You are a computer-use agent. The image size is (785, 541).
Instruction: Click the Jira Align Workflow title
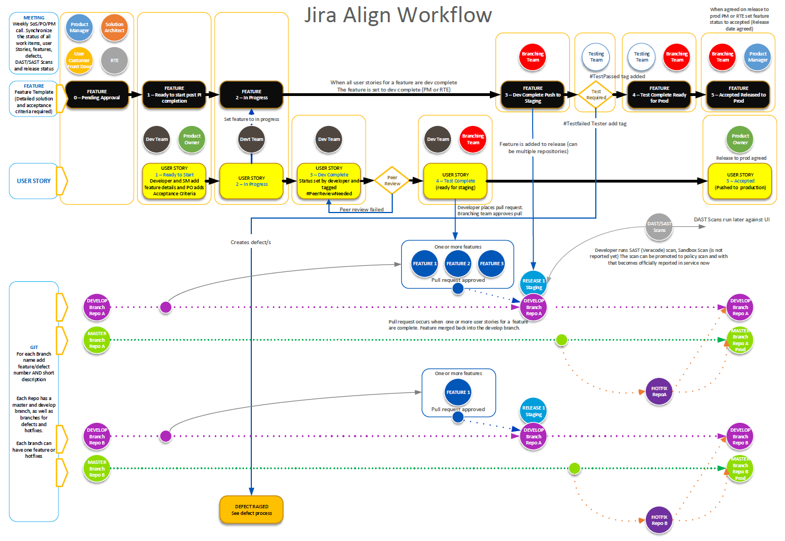pos(398,15)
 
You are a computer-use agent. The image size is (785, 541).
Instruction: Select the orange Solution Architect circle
pos(114,28)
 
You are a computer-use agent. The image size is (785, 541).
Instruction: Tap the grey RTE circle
pos(114,60)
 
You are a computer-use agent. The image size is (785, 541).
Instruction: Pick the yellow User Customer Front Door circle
pos(79,60)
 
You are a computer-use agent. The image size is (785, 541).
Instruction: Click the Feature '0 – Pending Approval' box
pos(97,95)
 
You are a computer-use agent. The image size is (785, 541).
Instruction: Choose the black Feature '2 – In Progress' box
pos(251,95)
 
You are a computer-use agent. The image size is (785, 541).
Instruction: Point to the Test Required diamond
pos(596,95)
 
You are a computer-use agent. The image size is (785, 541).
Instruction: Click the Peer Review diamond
pos(392,181)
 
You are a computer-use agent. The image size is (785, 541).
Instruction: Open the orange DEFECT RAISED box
pos(251,509)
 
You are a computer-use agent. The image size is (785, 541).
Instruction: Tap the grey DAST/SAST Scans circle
pos(659,227)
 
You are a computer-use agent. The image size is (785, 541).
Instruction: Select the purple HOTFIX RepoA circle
pos(659,392)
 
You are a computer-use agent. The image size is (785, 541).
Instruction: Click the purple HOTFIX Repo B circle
pos(659,520)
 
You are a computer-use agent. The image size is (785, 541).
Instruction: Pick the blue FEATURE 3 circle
pos(492,264)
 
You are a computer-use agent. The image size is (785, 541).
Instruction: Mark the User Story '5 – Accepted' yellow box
pos(740,181)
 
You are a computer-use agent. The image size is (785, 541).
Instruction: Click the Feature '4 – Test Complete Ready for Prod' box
pos(659,95)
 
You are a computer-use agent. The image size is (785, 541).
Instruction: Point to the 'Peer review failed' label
pos(362,210)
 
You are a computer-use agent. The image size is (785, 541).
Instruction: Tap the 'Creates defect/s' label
pos(251,242)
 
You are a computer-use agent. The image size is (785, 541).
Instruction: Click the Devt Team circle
pos(251,139)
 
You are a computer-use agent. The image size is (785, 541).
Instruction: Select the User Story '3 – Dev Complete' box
pos(329,181)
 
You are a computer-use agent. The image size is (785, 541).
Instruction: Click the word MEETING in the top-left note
pos(34,18)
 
